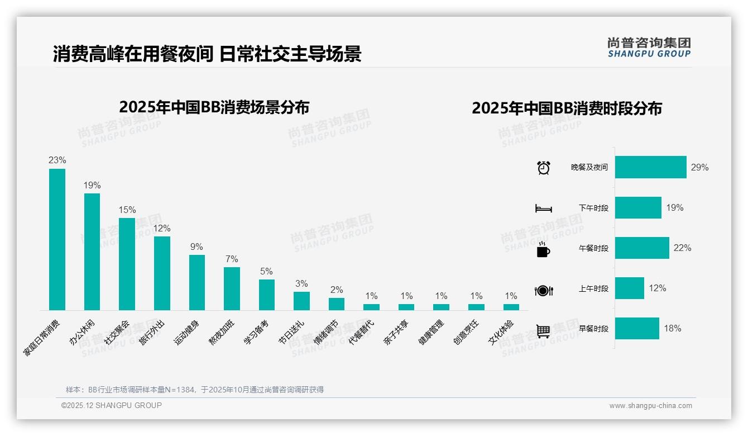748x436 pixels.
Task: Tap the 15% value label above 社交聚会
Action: (127, 210)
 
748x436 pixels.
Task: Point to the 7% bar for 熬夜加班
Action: (232, 288)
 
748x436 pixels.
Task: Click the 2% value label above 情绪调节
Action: (337, 290)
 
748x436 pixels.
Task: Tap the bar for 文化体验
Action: (511, 307)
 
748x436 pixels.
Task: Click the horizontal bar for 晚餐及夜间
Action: (650, 167)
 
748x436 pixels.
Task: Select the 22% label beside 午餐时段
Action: (682, 248)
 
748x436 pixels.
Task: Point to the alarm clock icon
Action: (543, 168)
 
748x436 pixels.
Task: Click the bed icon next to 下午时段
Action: (543, 208)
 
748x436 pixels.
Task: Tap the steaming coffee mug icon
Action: (543, 249)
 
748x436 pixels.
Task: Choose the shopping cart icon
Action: (543, 331)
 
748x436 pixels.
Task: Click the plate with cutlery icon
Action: (543, 291)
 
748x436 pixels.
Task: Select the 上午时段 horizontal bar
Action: (629, 288)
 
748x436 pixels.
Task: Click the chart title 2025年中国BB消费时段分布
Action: (567, 108)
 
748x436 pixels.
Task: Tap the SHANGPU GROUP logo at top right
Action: (649, 48)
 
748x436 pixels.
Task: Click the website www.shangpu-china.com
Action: (650, 406)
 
